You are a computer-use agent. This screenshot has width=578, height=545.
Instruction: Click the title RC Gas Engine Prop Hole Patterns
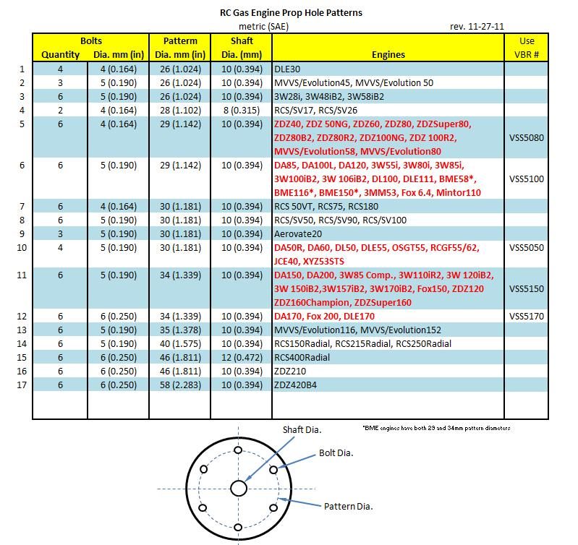[x=291, y=12]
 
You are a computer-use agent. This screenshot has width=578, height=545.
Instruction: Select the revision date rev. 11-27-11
[x=477, y=26]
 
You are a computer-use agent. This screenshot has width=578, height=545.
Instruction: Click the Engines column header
[x=388, y=54]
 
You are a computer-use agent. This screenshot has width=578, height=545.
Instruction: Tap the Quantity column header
[x=60, y=54]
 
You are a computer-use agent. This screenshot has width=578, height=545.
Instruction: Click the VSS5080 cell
[x=526, y=137]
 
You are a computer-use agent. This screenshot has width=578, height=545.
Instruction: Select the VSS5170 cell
[x=526, y=316]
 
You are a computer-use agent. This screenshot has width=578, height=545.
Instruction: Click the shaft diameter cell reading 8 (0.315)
[x=241, y=110]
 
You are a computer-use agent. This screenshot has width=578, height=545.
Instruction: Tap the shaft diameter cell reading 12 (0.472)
[x=241, y=357]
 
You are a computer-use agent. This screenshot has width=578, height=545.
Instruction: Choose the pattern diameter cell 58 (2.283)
[x=180, y=385]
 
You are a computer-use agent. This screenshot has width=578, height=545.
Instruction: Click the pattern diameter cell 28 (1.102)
[x=180, y=110]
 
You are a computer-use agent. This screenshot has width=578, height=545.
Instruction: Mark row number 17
[x=22, y=385]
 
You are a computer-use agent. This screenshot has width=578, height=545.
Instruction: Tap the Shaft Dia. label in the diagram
[x=302, y=429]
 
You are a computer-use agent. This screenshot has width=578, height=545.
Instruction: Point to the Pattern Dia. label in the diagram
[x=348, y=506]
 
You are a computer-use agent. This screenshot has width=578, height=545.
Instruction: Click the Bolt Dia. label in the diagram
[x=336, y=453]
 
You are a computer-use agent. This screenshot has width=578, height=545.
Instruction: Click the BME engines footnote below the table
[x=436, y=428]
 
